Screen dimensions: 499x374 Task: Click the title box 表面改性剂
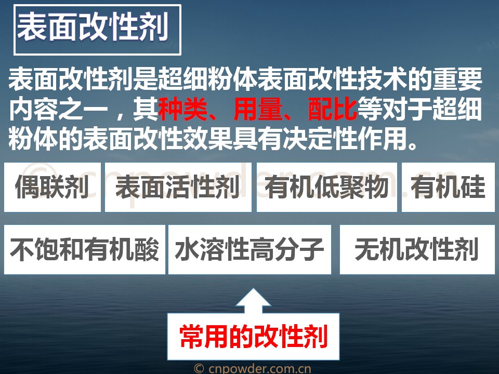click(97, 30)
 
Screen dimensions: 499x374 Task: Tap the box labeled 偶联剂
click(52, 187)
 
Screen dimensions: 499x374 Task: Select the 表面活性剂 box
click(178, 187)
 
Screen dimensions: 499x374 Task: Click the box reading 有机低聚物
click(327, 187)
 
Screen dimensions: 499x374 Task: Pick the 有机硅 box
click(449, 187)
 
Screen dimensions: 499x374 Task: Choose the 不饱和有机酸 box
click(85, 249)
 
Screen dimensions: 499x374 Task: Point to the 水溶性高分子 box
click(250, 249)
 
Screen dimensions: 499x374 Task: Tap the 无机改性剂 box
click(417, 249)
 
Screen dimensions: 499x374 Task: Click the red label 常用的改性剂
click(254, 337)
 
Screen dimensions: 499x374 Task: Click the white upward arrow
click(253, 301)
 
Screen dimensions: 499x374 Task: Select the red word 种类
click(183, 109)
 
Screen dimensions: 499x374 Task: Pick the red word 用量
click(258, 109)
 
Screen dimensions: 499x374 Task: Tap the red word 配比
click(333, 109)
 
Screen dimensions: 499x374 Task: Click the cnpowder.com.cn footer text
click(260, 369)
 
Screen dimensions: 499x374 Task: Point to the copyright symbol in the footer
click(199, 369)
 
